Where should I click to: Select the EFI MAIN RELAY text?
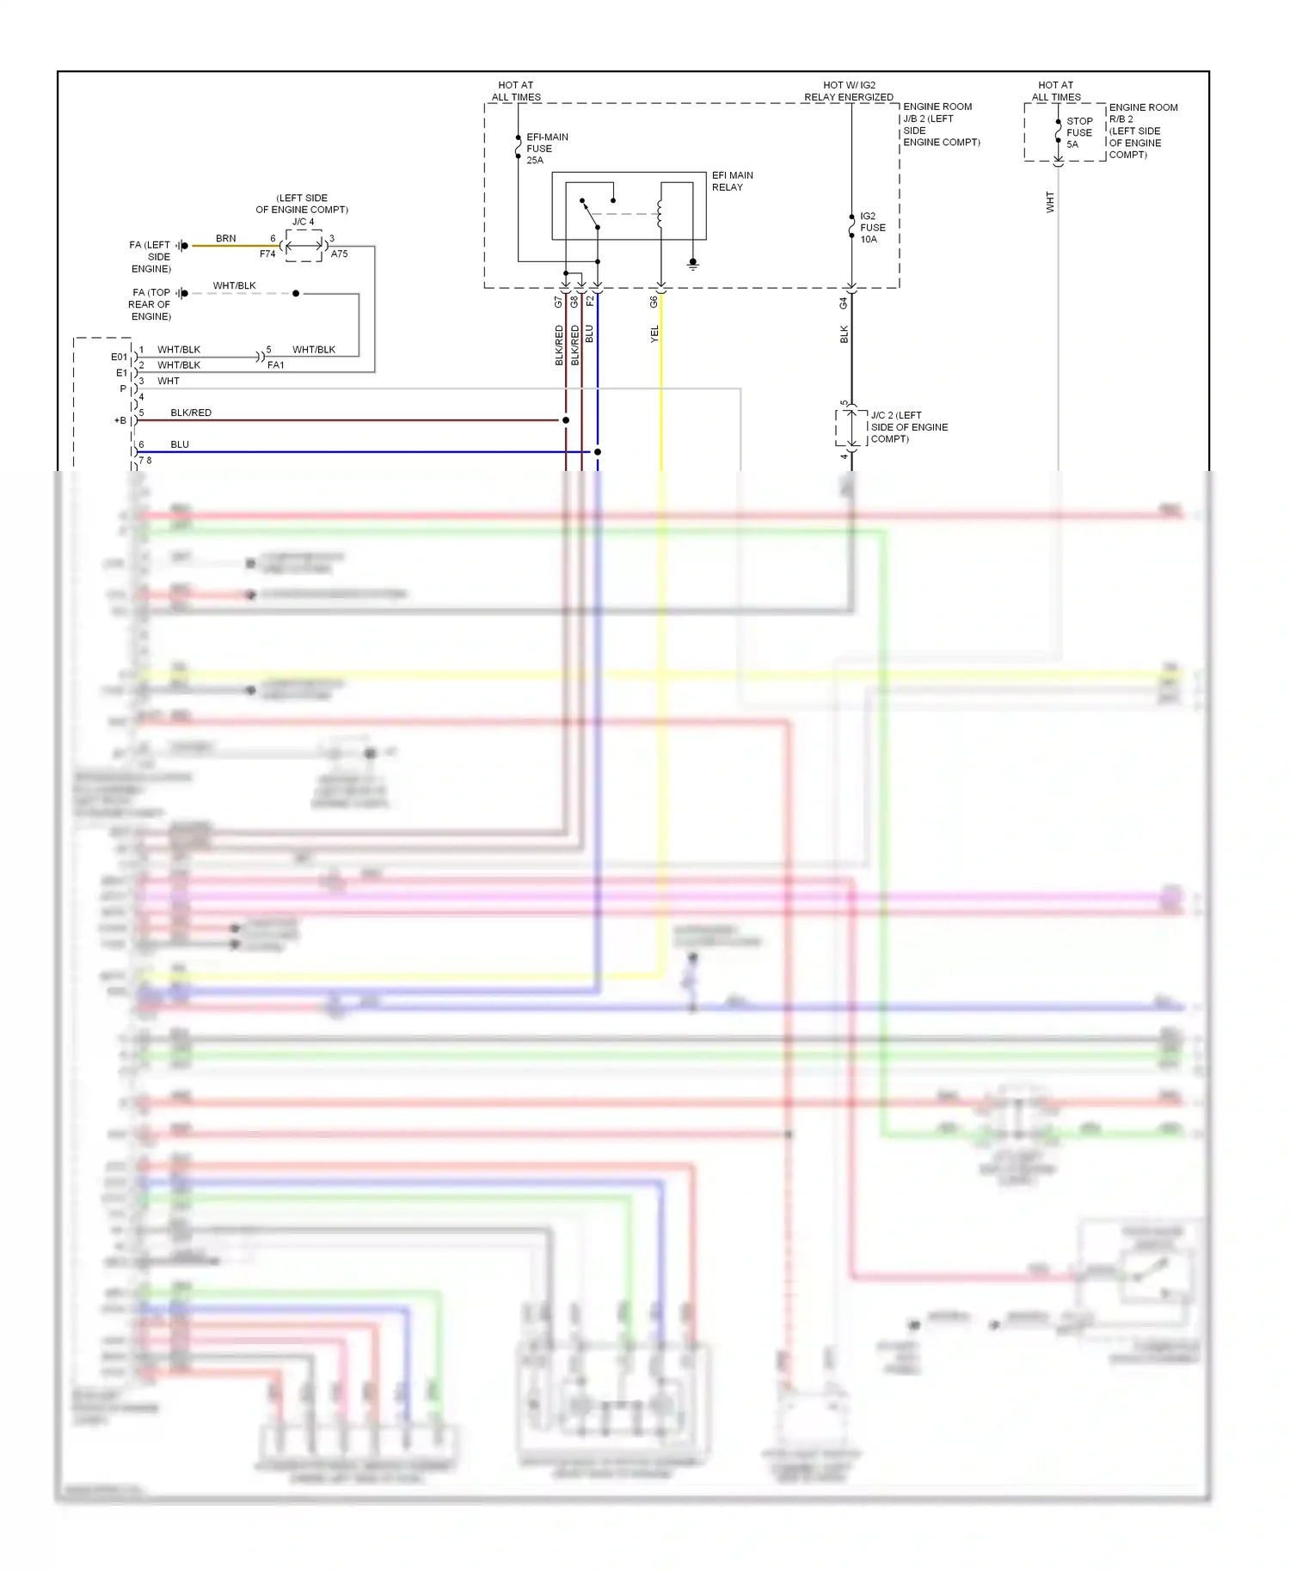pyautogui.click(x=732, y=181)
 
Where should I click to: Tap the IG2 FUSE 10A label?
pyautogui.click(x=872, y=228)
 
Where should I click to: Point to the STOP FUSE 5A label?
pyautogui.click(x=1078, y=133)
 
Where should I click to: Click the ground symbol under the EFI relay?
pyautogui.click(x=692, y=265)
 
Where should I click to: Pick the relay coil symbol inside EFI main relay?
pyautogui.click(x=660, y=214)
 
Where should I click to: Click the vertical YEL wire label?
pyautogui.click(x=654, y=334)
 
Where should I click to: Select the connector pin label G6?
pyautogui.click(x=654, y=302)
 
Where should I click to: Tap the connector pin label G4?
pyautogui.click(x=844, y=303)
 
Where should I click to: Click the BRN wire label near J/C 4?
pyautogui.click(x=225, y=238)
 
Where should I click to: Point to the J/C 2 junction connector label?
pyautogui.click(x=908, y=427)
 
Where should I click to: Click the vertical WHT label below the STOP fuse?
pyautogui.click(x=1050, y=203)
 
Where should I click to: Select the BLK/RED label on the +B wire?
pyautogui.click(x=191, y=413)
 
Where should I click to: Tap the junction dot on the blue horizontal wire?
pyautogui.click(x=598, y=451)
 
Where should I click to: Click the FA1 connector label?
pyautogui.click(x=276, y=365)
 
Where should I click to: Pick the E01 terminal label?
pyautogui.click(x=119, y=357)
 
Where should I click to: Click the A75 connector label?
pyautogui.click(x=339, y=254)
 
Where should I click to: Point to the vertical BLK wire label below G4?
pyautogui.click(x=845, y=334)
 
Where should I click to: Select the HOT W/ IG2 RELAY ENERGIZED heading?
pyautogui.click(x=849, y=91)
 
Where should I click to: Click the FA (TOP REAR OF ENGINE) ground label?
pyautogui.click(x=150, y=304)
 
